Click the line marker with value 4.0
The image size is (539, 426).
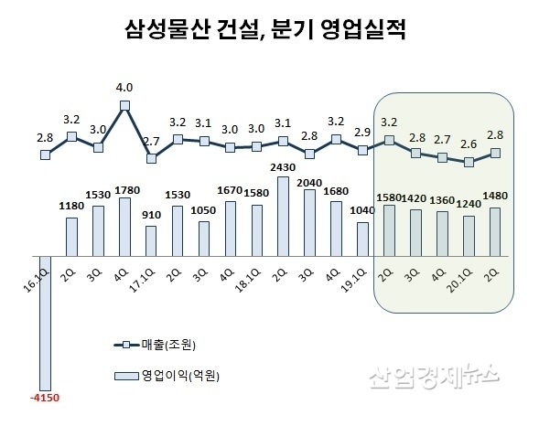(124, 105)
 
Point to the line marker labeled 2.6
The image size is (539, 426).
(469, 162)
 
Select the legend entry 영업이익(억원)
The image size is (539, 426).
(174, 374)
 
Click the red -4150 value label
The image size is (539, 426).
(45, 399)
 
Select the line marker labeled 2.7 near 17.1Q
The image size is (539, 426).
(151, 158)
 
